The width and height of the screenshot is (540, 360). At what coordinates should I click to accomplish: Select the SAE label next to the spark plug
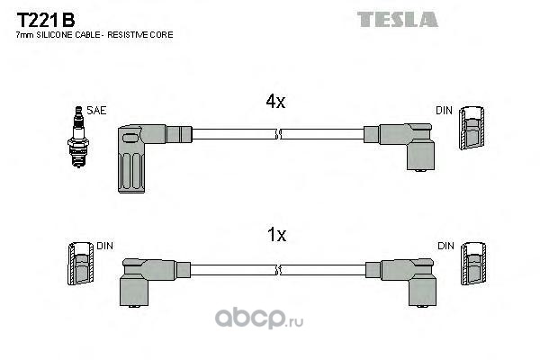(97, 111)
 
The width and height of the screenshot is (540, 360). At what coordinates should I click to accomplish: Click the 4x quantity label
(275, 103)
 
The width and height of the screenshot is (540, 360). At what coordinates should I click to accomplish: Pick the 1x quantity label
(276, 235)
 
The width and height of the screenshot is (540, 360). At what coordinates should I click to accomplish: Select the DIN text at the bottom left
(105, 245)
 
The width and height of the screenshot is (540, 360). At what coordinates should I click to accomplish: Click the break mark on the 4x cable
(279, 135)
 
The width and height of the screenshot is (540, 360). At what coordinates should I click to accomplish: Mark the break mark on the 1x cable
(279, 269)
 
